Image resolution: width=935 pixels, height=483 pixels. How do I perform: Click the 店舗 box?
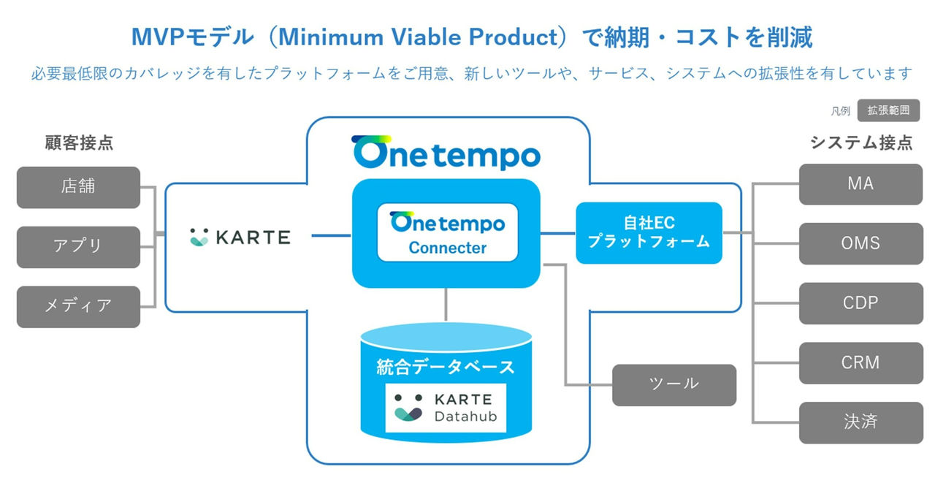click(x=78, y=187)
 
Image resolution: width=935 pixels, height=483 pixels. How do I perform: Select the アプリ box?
click(x=78, y=247)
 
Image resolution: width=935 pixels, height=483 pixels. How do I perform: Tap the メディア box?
click(x=78, y=306)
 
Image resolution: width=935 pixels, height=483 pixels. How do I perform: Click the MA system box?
click(x=860, y=184)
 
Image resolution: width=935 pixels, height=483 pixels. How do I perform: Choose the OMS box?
click(x=860, y=243)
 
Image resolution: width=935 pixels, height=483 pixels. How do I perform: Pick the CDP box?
click(x=860, y=303)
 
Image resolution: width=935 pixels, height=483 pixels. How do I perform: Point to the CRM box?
click(x=860, y=362)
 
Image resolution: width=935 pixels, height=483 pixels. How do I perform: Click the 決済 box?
click(x=860, y=422)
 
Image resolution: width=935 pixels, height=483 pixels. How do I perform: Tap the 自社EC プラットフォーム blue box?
click(x=649, y=233)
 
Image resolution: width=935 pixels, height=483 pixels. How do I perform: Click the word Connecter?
click(x=447, y=248)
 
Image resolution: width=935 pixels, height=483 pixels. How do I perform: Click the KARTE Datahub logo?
click(x=446, y=408)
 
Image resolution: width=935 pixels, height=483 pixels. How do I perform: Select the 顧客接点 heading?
click(x=79, y=142)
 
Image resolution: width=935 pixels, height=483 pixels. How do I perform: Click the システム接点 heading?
click(x=861, y=142)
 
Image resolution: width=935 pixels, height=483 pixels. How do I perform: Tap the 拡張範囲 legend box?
click(x=888, y=111)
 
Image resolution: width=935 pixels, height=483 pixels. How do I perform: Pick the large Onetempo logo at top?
click(x=446, y=153)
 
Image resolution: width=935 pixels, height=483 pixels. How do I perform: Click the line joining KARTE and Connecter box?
click(x=332, y=235)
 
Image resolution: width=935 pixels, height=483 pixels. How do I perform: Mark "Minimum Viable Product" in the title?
click(x=416, y=37)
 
